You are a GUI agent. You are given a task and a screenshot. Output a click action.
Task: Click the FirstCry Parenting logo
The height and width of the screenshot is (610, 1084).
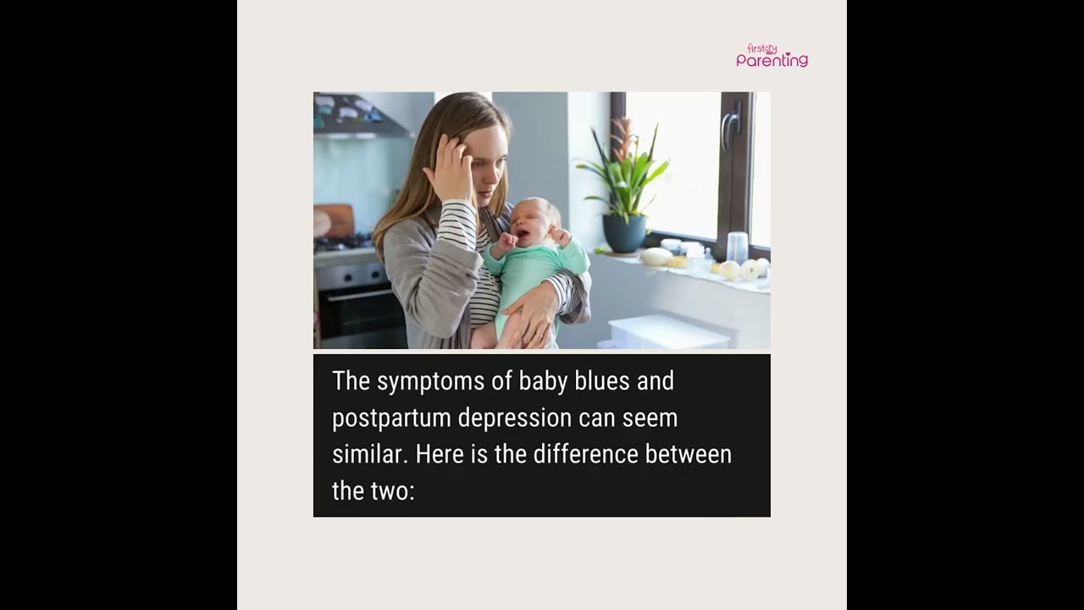pyautogui.click(x=772, y=56)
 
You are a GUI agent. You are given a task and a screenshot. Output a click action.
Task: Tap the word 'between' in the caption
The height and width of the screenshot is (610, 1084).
pyautogui.click(x=688, y=454)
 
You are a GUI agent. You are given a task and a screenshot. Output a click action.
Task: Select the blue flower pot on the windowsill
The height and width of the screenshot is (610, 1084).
pyautogui.click(x=625, y=233)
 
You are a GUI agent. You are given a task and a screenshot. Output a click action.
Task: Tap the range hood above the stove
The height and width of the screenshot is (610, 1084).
pyautogui.click(x=360, y=116)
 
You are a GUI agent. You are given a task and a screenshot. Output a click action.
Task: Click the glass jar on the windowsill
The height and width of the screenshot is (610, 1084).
pyautogui.click(x=737, y=247)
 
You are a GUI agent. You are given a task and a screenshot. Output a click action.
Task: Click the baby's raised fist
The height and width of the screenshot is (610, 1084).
pyautogui.click(x=507, y=243)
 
